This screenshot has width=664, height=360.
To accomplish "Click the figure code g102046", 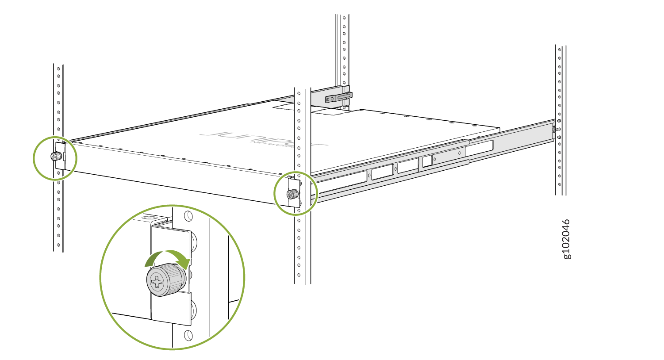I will click(566, 239).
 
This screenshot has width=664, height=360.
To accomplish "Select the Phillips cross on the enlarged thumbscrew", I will click(157, 281).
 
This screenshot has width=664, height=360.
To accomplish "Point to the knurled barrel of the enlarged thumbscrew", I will click(174, 279).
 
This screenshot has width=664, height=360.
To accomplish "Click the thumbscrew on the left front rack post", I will click(55, 157).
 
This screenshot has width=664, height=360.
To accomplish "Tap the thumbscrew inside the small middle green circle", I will click(292, 194).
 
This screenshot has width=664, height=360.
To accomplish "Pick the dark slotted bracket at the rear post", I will click(338, 97).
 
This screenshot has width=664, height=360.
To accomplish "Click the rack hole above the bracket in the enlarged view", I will click(188, 216).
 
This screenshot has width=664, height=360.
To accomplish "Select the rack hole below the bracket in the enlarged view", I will click(188, 335).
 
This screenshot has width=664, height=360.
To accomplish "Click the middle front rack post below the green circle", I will click(302, 248).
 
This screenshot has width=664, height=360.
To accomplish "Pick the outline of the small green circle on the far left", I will click(34, 158).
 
